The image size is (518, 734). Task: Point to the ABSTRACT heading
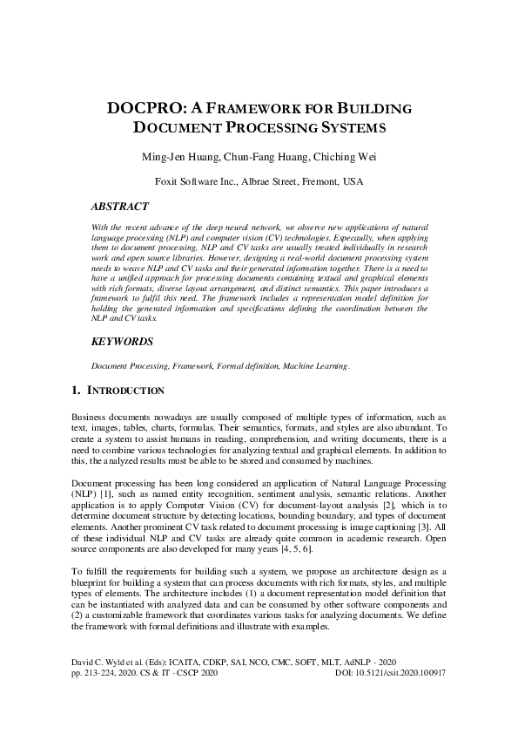coord(120,207)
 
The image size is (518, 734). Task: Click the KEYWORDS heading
coord(123,342)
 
